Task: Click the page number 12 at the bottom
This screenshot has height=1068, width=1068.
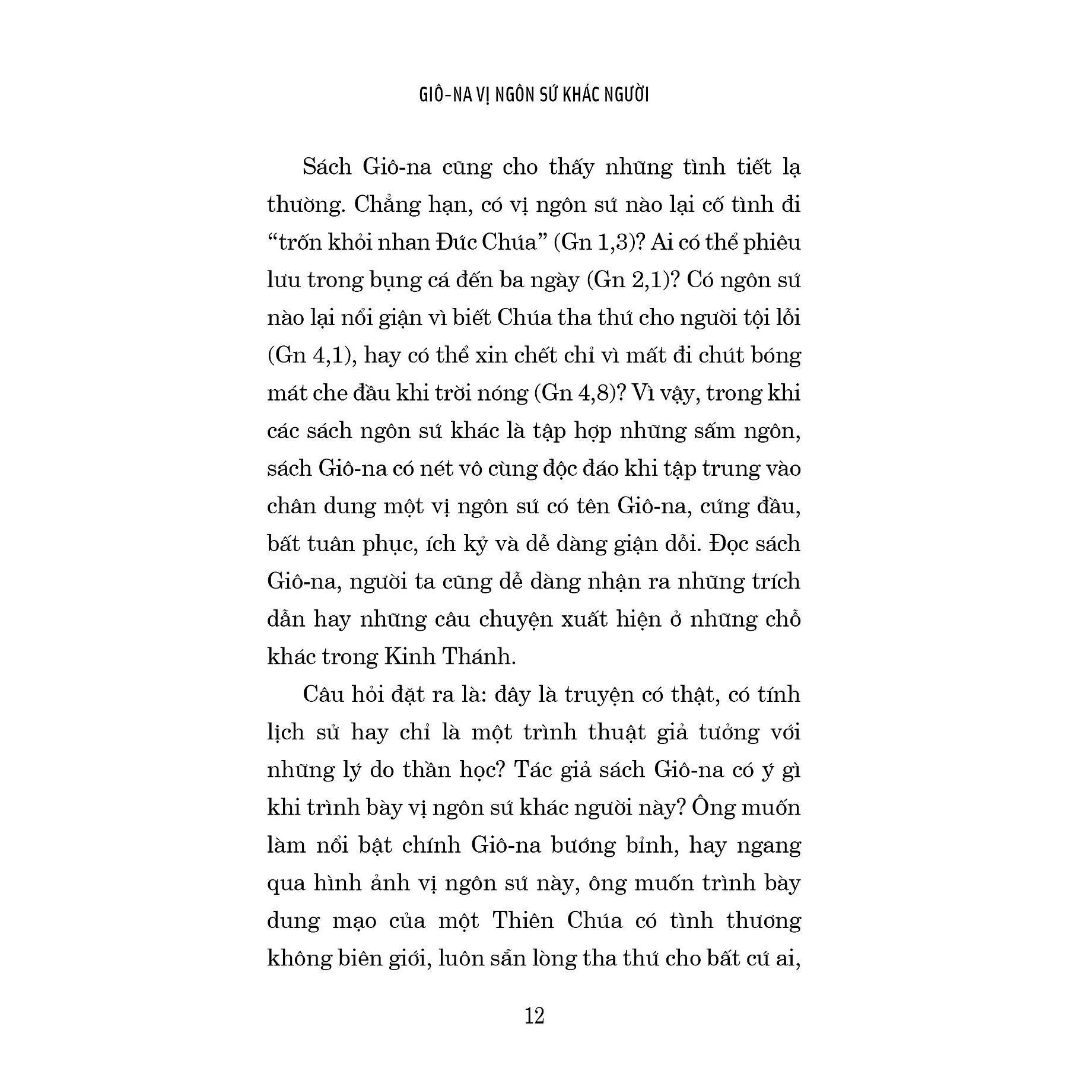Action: (x=534, y=1016)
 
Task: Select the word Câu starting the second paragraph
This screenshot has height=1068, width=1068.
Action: (x=324, y=694)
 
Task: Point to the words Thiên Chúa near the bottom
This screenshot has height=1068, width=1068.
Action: (x=557, y=920)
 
